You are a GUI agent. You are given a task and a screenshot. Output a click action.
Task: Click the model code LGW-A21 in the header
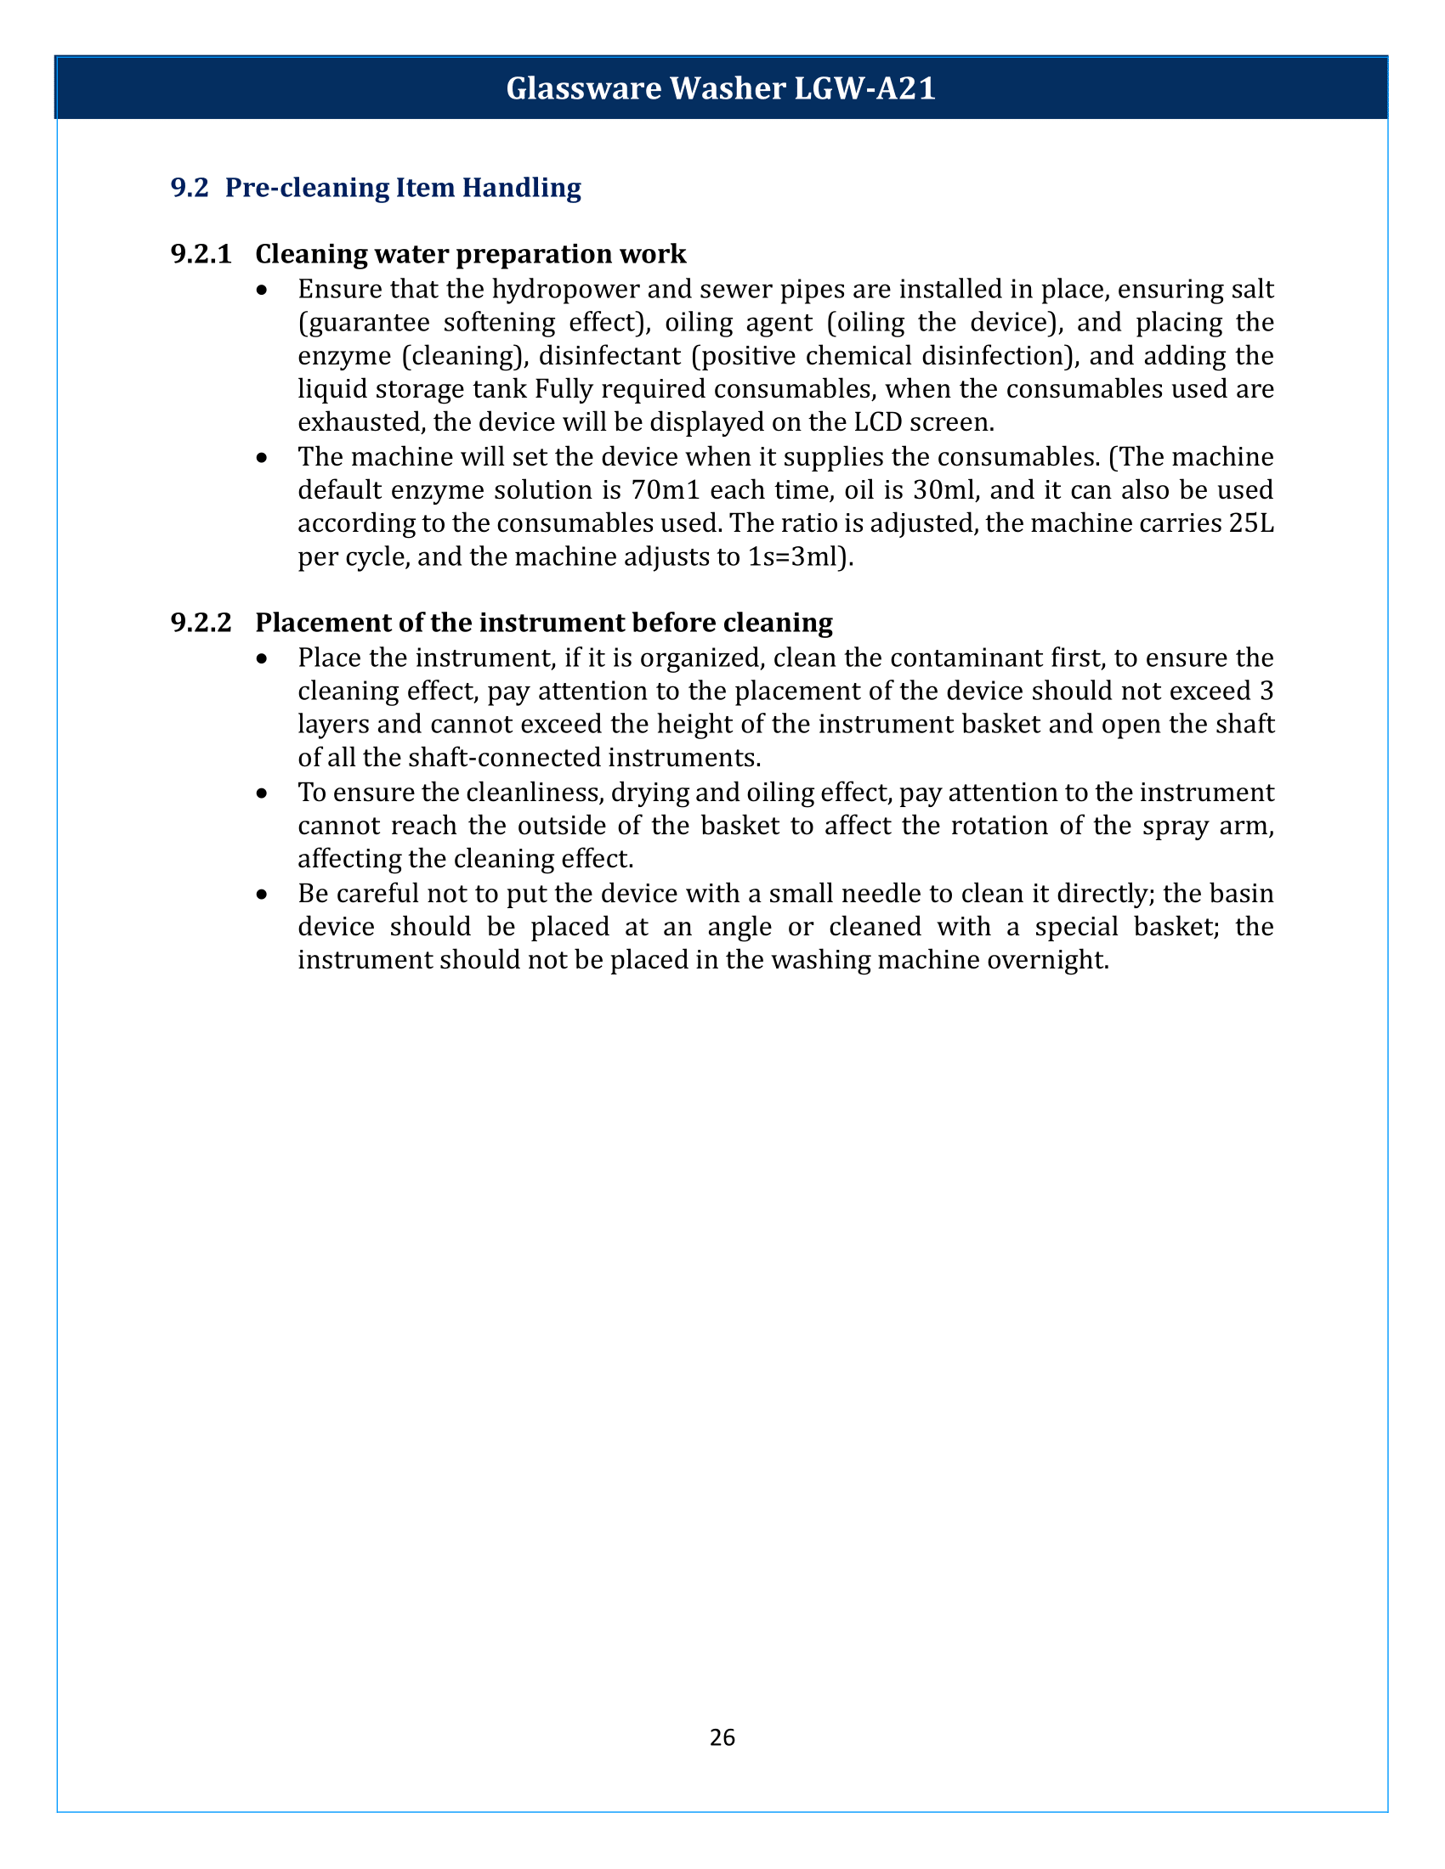click(864, 89)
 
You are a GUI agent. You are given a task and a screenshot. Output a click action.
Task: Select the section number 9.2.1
click(201, 254)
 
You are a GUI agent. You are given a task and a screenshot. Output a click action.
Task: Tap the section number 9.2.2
click(201, 622)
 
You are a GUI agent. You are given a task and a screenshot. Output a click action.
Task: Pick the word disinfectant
click(609, 356)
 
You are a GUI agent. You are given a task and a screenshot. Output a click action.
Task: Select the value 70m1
click(663, 490)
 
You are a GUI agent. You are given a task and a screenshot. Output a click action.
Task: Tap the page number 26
click(722, 1737)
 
